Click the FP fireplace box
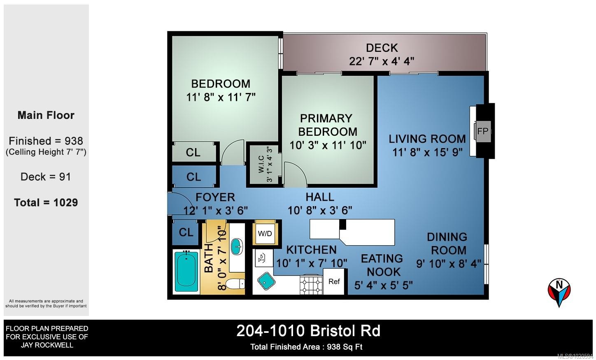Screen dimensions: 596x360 (482, 131)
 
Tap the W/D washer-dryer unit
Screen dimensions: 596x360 (265, 233)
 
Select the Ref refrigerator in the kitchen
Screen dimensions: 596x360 (334, 281)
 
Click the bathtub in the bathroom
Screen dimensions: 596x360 (186, 272)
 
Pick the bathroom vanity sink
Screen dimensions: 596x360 (237, 246)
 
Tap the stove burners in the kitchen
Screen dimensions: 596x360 (311, 285)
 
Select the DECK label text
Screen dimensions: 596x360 (382, 48)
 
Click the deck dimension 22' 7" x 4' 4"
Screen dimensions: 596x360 (382, 61)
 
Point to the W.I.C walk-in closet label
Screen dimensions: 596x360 (261, 164)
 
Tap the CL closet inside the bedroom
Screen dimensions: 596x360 (193, 152)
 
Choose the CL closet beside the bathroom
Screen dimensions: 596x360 (186, 232)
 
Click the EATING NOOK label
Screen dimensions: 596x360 (382, 265)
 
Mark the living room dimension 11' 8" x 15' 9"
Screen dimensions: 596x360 (427, 152)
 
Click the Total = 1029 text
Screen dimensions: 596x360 (46, 202)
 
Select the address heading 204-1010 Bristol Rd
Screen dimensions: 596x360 (308, 331)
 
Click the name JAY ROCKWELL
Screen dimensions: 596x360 (47, 345)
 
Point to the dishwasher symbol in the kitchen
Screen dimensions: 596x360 (262, 258)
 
